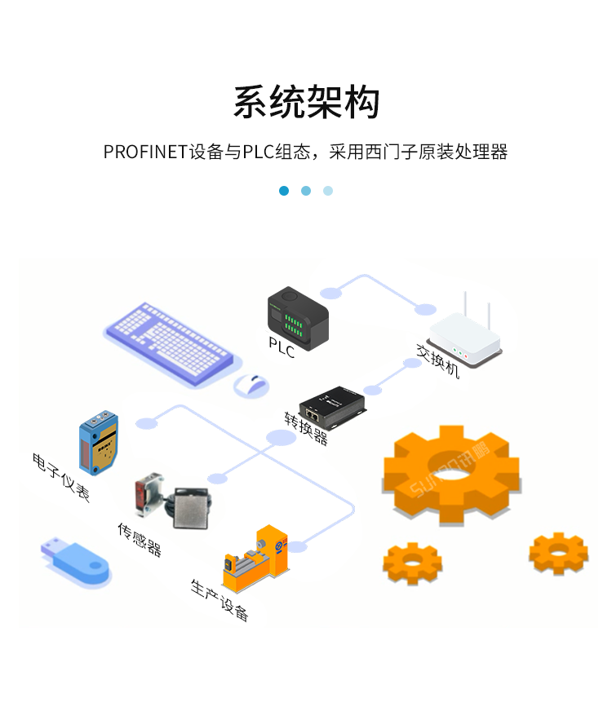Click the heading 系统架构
(306, 103)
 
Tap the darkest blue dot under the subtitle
(284, 191)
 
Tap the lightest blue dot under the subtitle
(328, 191)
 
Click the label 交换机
(439, 362)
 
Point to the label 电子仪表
(61, 476)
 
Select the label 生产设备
(220, 600)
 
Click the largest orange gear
(451, 473)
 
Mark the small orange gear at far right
(558, 554)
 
